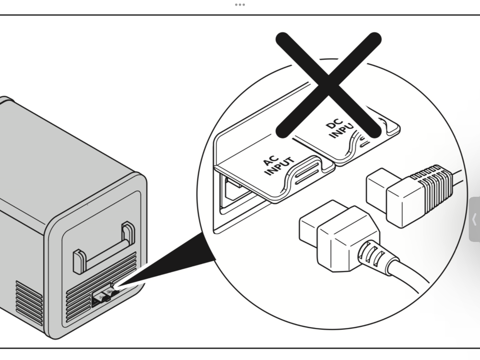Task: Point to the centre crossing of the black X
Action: (x=329, y=83)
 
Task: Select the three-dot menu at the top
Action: (x=240, y=5)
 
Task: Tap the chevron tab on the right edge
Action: (x=474, y=219)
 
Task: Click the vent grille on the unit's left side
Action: (x=29, y=302)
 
